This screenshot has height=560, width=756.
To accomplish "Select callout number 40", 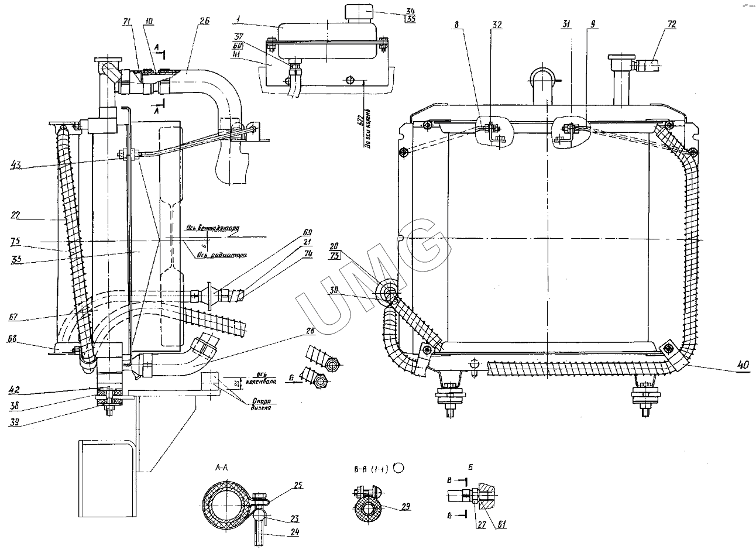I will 743,365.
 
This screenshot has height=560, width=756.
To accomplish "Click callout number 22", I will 16,215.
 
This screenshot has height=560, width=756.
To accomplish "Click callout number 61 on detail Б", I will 502,524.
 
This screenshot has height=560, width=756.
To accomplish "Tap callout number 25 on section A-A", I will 298,485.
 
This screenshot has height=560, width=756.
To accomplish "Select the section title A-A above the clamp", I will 222,467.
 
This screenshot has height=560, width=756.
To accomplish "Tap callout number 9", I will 593,24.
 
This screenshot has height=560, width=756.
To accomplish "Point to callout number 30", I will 334,290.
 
